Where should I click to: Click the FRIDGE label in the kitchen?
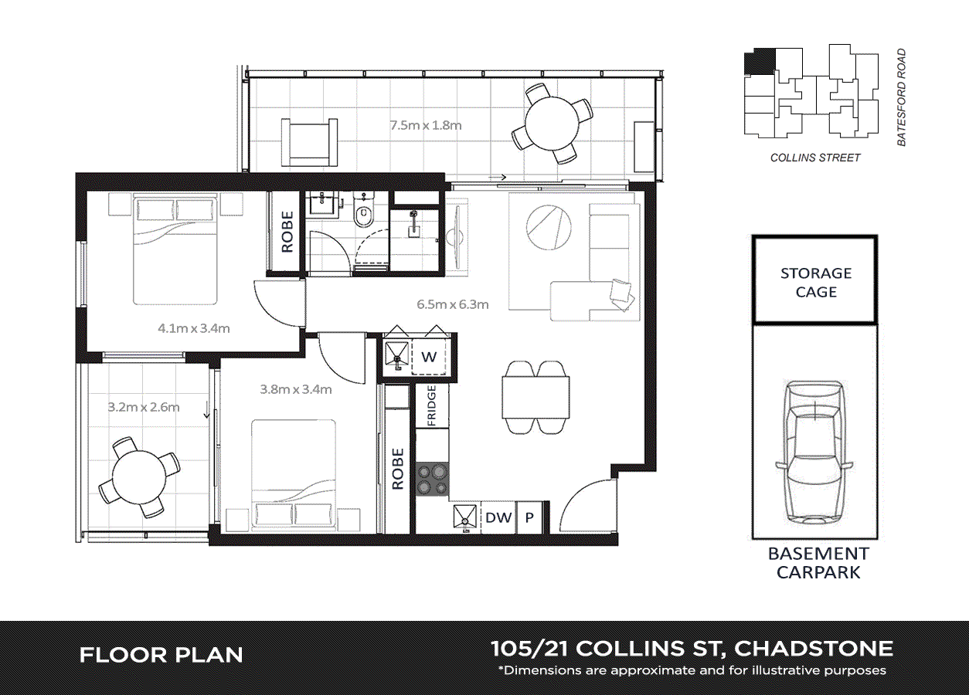pyautogui.click(x=432, y=406)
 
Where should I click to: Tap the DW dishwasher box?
pyautogui.click(x=498, y=517)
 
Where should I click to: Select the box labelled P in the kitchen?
pyautogui.click(x=529, y=517)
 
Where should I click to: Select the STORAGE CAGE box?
pyautogui.click(x=815, y=282)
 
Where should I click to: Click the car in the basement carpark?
pyautogui.click(x=815, y=456)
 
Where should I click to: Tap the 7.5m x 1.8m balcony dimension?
pyautogui.click(x=426, y=125)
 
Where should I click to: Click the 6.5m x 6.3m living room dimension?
pyautogui.click(x=453, y=304)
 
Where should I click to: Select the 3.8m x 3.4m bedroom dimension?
pyautogui.click(x=296, y=389)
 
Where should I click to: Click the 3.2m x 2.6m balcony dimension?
pyautogui.click(x=144, y=407)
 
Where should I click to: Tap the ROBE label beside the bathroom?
pyautogui.click(x=287, y=232)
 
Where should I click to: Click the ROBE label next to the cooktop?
pyautogui.click(x=398, y=469)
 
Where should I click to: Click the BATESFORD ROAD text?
pyautogui.click(x=901, y=97)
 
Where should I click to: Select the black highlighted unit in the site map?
pyautogui.click(x=759, y=62)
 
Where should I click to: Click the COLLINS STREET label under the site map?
pyautogui.click(x=815, y=158)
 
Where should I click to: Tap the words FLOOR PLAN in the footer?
pyautogui.click(x=161, y=656)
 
